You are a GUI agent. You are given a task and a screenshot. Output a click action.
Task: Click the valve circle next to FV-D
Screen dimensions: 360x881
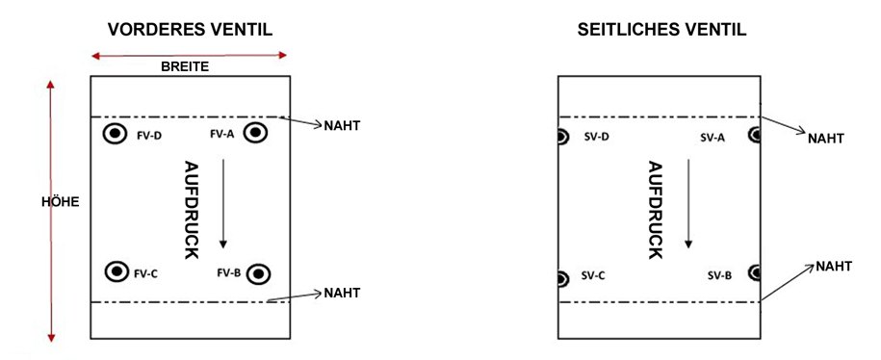pos(116,134)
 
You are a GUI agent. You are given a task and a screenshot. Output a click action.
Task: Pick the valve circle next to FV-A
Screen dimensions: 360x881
pos(257,134)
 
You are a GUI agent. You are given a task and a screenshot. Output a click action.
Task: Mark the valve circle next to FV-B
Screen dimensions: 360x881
pos(257,274)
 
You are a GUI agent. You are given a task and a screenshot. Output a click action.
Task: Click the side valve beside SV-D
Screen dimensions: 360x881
pos(562,137)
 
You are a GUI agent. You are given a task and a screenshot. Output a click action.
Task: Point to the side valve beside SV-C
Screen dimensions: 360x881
pos(562,279)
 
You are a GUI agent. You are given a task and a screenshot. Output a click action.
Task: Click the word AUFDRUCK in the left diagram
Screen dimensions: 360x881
pos(191,209)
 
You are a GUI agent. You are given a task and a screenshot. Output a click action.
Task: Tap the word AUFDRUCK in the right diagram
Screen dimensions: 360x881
pos(656,209)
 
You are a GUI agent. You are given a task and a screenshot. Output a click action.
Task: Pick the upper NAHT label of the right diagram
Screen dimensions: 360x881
pos(826,138)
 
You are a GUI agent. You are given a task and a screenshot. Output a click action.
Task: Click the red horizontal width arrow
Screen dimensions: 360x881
pos(188,56)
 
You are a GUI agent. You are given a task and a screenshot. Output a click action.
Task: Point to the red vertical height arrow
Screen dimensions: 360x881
pos(51,211)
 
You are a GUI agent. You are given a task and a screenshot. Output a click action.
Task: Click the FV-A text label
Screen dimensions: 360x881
pos(221,134)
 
